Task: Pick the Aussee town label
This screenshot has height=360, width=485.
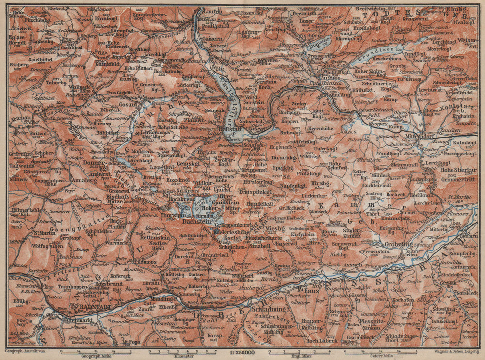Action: [329, 78]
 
